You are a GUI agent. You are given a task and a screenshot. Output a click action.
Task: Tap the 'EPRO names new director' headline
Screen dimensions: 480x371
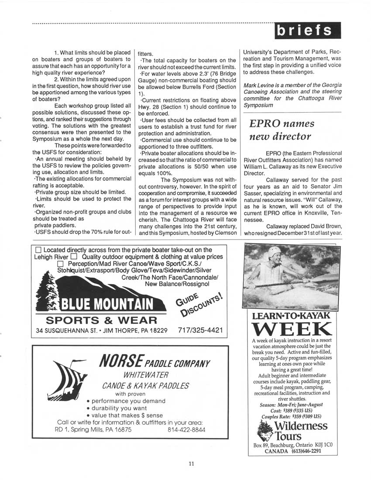[282, 130]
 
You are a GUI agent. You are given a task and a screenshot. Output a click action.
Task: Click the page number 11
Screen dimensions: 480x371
[191, 464]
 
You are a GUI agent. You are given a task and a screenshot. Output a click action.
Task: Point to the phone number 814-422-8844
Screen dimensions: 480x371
[186, 429]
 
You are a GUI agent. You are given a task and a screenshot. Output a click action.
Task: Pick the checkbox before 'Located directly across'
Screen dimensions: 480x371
[38, 250]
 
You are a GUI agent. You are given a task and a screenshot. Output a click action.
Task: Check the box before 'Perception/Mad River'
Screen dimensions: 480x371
[61, 264]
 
